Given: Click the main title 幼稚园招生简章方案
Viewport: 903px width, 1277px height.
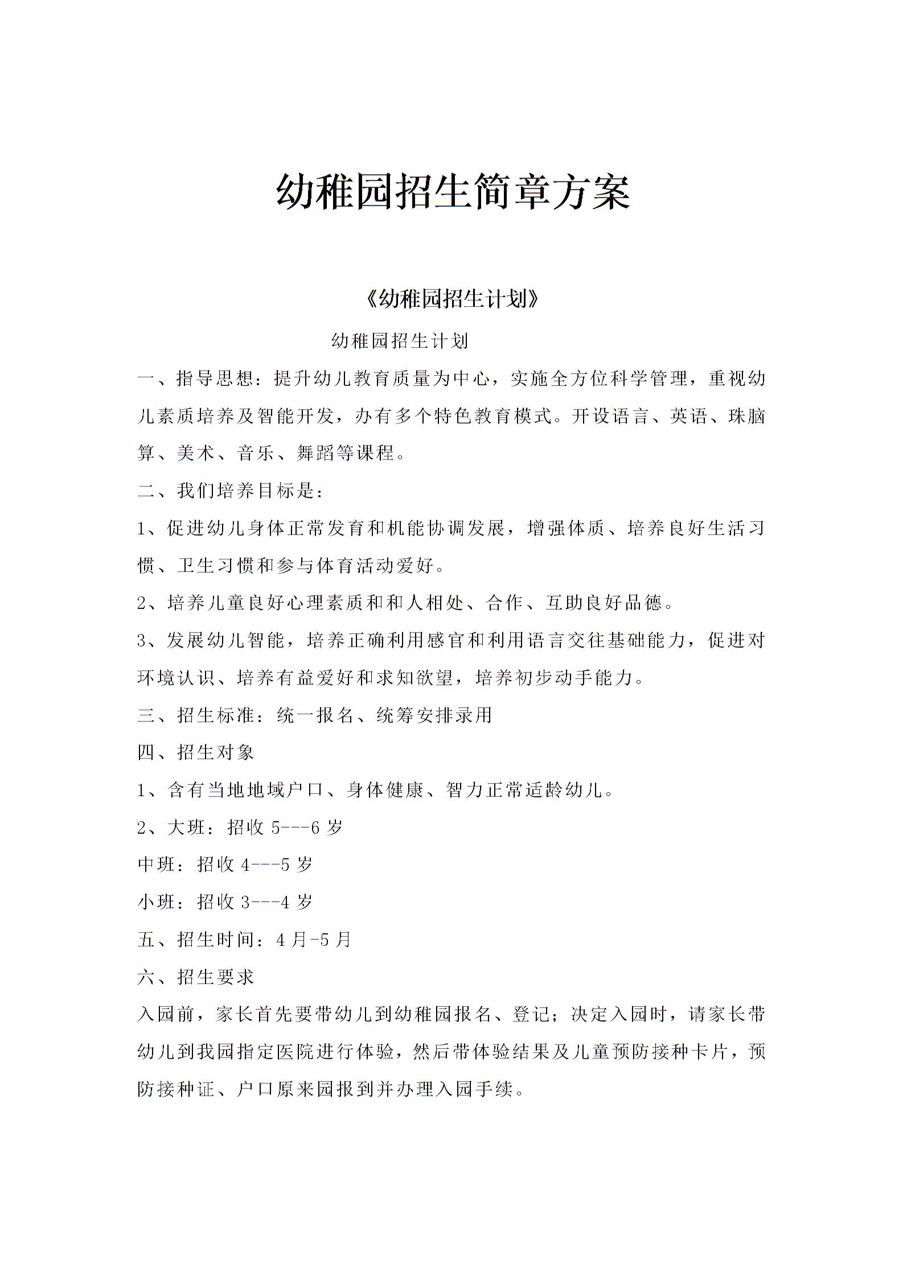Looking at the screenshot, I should click(x=453, y=192).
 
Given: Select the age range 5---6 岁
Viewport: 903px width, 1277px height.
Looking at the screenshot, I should click(x=307, y=827).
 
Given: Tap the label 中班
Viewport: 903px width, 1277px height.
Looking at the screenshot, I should click(x=157, y=864).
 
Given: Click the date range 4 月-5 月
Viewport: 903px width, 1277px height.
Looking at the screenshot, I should click(x=313, y=939).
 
